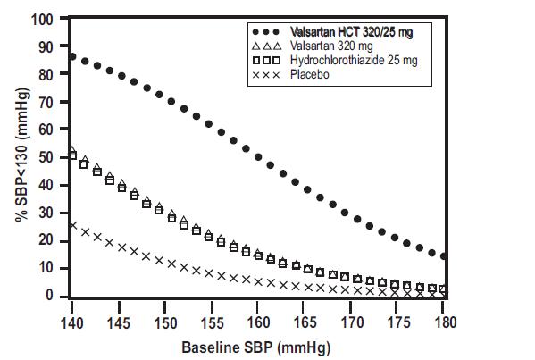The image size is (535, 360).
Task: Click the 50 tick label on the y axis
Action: (x=53, y=157)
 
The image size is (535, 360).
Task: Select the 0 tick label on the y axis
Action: (x=56, y=297)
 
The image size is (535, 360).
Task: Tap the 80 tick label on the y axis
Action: (x=53, y=74)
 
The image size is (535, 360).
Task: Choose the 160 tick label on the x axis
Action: (x=257, y=320)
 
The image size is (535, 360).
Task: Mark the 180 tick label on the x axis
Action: (x=443, y=320)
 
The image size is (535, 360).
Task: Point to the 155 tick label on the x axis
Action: (x=211, y=320)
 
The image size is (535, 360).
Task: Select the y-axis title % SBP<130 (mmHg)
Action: (x=21, y=157)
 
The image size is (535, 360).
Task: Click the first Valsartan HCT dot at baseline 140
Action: (x=72, y=57)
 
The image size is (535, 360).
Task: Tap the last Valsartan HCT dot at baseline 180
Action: (x=443, y=256)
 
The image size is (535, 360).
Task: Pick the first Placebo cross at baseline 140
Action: (x=72, y=225)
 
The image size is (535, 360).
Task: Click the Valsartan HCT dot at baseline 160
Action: (x=258, y=157)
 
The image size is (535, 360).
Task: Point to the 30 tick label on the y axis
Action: (x=53, y=213)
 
